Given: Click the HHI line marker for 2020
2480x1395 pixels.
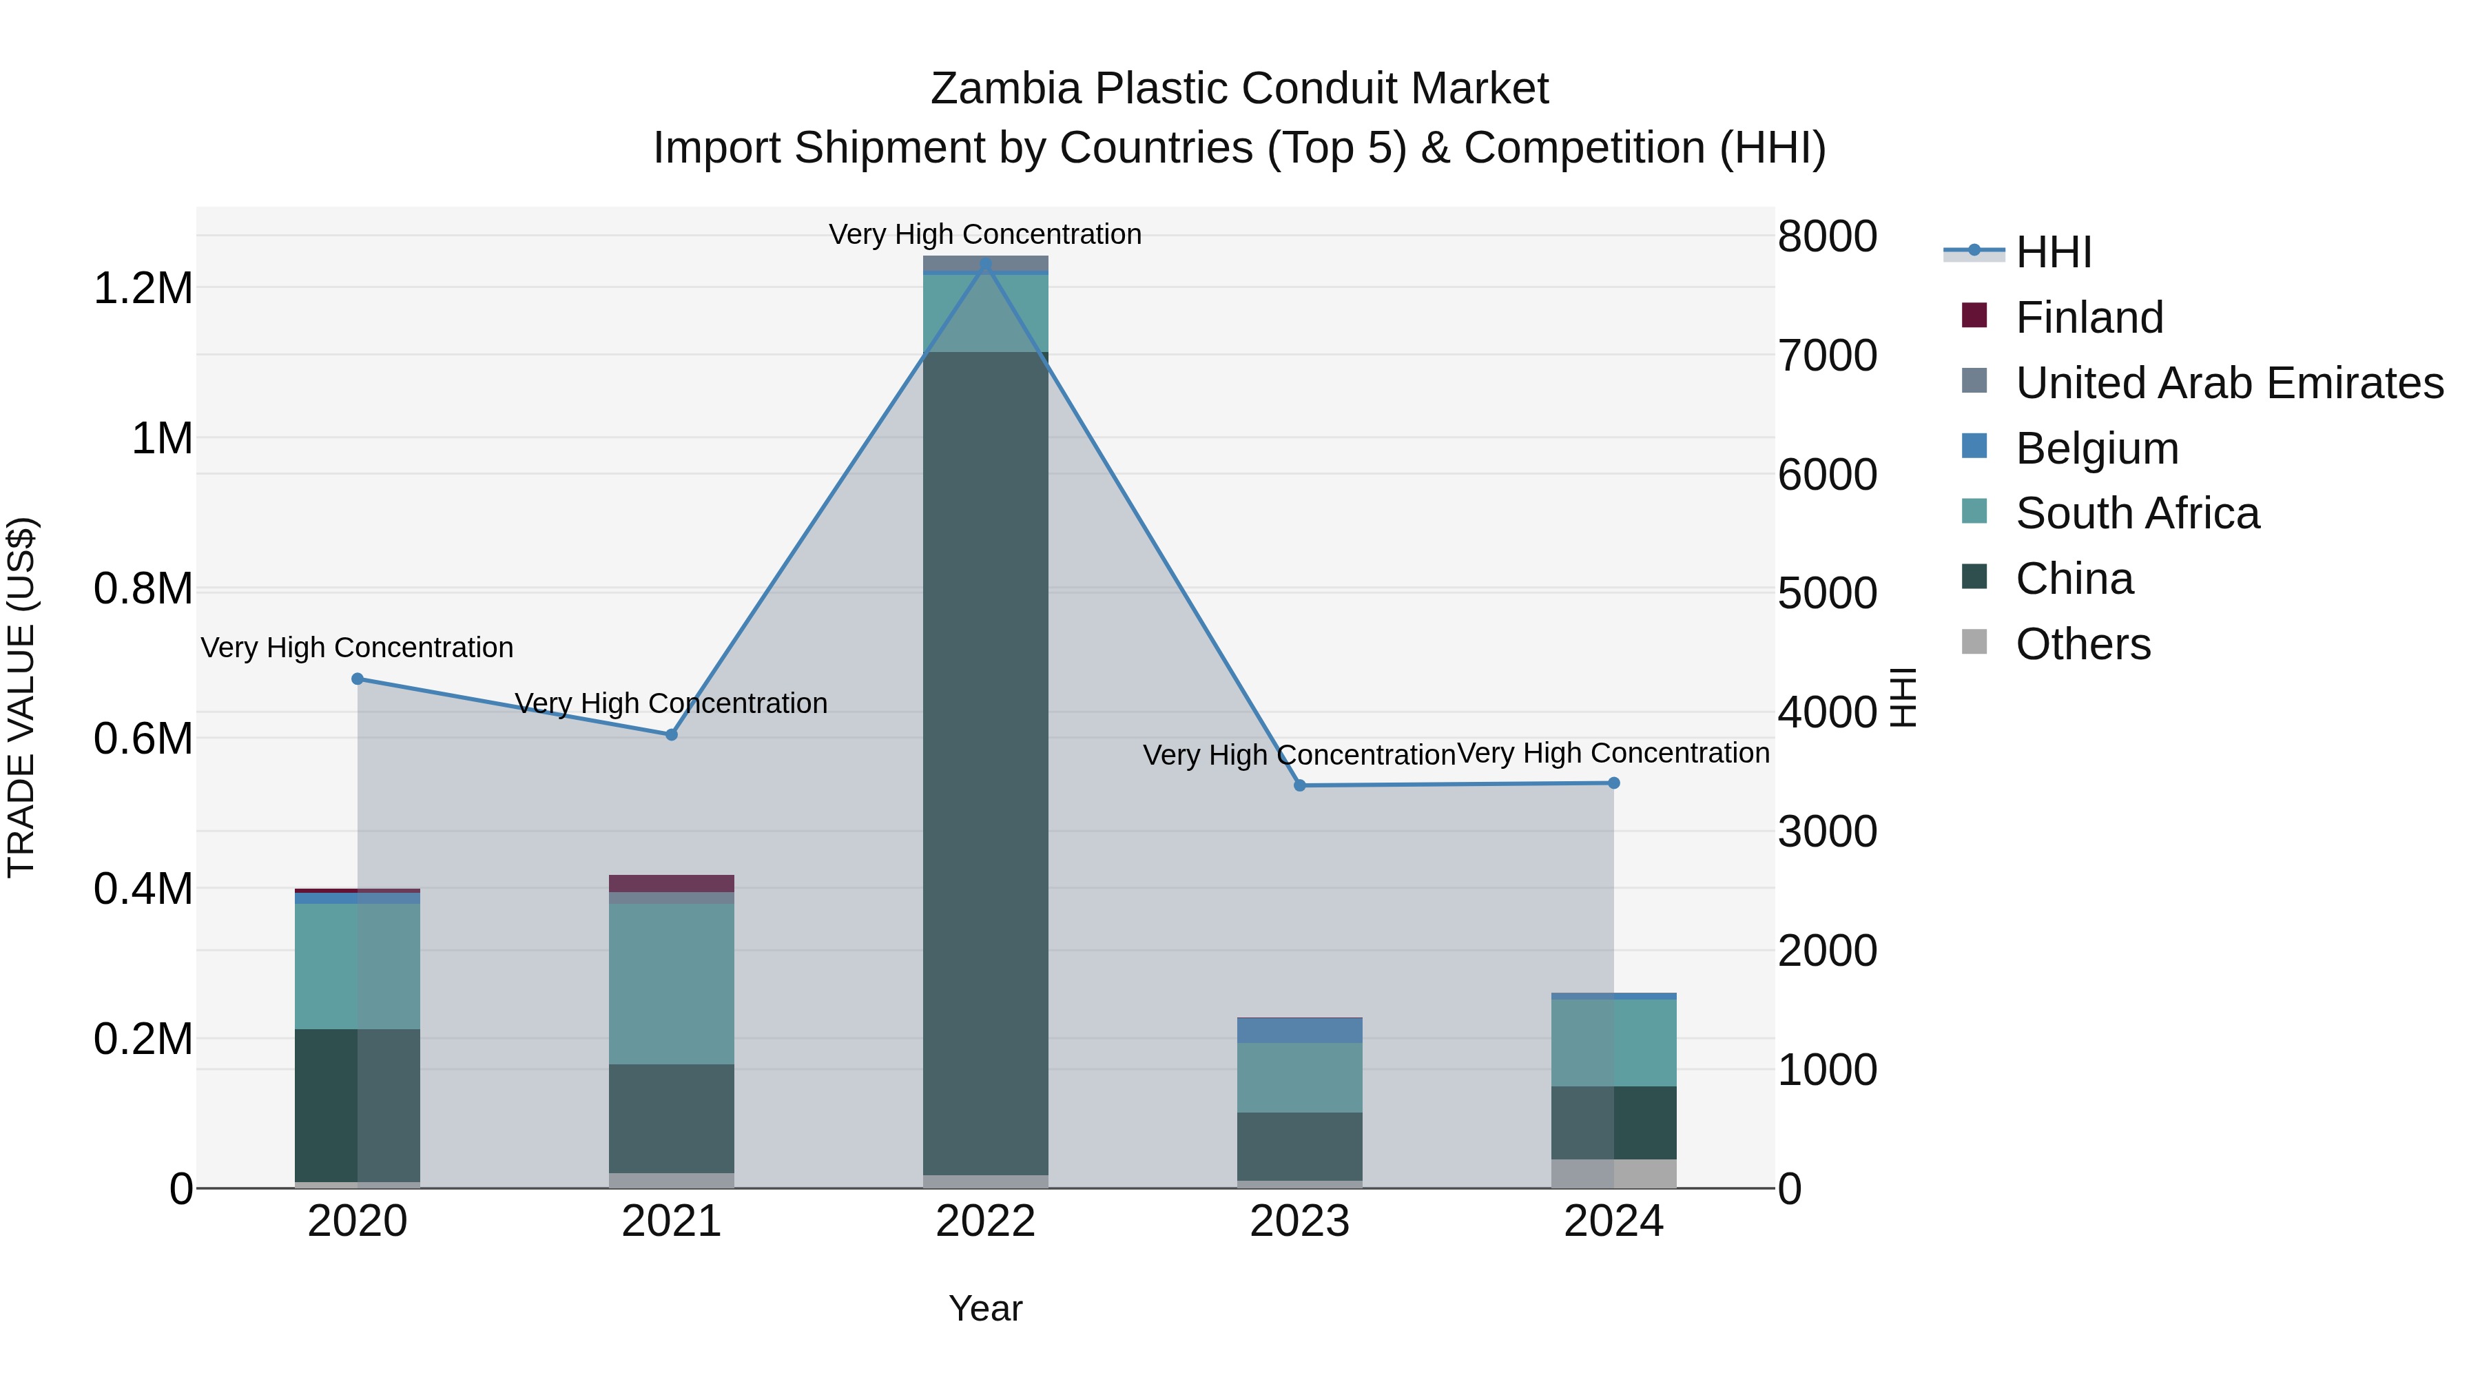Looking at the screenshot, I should pyautogui.click(x=357, y=679).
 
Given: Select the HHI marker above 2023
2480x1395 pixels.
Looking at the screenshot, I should pyautogui.click(x=1300, y=785).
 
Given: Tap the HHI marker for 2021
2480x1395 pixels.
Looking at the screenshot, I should pyautogui.click(x=671, y=734).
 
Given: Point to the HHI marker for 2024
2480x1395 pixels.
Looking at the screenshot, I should pyautogui.click(x=1613, y=783).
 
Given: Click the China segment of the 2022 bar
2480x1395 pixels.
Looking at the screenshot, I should pyautogui.click(x=985, y=761).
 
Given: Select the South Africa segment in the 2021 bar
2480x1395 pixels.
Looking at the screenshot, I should pyautogui.click(x=671, y=982).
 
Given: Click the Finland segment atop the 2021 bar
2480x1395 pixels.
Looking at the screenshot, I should pyautogui.click(x=671, y=883).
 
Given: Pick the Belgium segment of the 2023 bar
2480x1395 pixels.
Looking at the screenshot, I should pyautogui.click(x=1300, y=1030).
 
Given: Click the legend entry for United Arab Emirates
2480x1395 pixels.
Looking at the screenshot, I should pyautogui.click(x=2229, y=382).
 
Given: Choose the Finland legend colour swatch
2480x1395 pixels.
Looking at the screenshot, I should pyautogui.click(x=1974, y=316).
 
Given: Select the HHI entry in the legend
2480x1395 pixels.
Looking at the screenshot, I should pyautogui.click(x=2053, y=252).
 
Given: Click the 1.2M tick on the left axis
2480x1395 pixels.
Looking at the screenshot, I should pyautogui.click(x=143, y=288).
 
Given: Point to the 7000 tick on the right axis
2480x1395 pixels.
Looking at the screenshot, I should pyautogui.click(x=1826, y=355).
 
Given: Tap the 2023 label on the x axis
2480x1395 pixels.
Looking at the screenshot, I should pyautogui.click(x=1300, y=1221).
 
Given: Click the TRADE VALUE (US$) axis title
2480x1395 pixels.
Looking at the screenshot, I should pyautogui.click(x=21, y=697).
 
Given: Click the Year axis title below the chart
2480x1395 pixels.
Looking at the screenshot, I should pyautogui.click(x=985, y=1308).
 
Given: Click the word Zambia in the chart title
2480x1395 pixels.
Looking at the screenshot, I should pyautogui.click(x=1005, y=89).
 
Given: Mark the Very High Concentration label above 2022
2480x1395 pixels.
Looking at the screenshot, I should pyautogui.click(x=985, y=234).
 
